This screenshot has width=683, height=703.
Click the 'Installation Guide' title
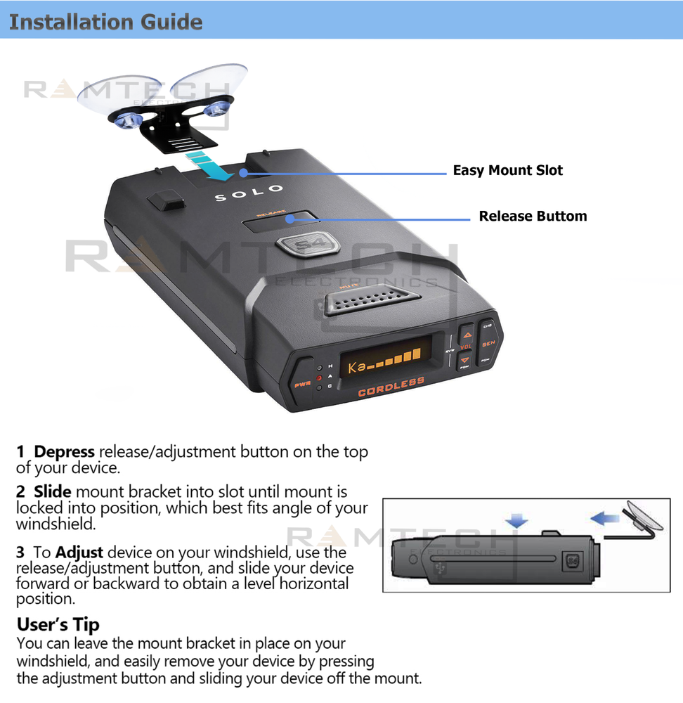tap(105, 21)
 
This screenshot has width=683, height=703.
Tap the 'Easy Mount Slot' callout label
tap(507, 170)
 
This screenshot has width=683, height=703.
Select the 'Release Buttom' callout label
tap(533, 216)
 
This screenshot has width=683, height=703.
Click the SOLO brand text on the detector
tap(249, 193)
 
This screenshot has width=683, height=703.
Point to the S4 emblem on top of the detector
tap(307, 245)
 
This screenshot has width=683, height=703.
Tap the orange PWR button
tap(302, 385)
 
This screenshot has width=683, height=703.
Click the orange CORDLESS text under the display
tap(391, 387)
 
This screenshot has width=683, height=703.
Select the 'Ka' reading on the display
tap(357, 366)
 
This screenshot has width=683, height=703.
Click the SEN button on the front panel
tap(488, 344)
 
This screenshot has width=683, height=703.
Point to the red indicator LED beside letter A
tap(319, 378)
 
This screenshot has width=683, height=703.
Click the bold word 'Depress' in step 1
tap(65, 452)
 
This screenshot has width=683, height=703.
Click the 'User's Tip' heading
tap(58, 624)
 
